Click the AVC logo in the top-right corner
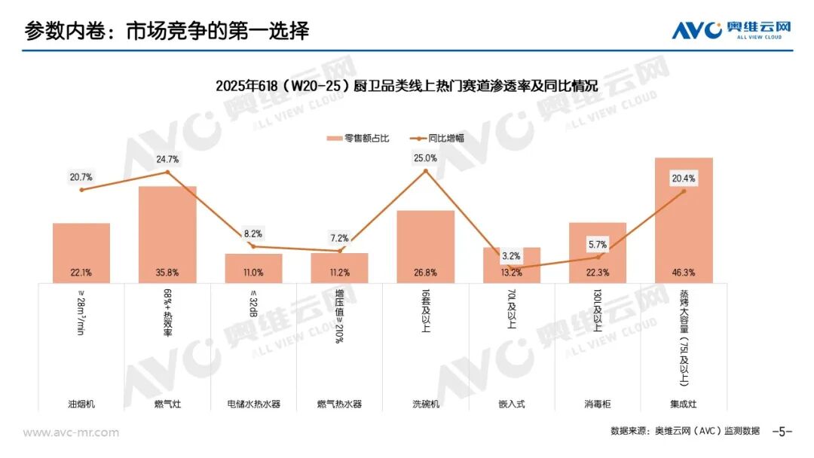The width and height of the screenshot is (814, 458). [x=731, y=30]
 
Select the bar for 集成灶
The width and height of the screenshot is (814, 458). [x=684, y=221]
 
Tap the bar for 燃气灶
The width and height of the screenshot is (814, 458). [x=167, y=234]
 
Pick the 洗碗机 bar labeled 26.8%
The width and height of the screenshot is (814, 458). [x=425, y=247]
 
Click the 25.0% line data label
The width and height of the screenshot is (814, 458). [x=425, y=158]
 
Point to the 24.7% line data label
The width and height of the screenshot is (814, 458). [x=167, y=159]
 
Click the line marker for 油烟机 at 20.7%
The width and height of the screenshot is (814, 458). [x=81, y=190]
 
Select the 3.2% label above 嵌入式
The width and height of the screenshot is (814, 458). [x=511, y=255]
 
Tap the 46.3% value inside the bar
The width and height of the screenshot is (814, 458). [x=684, y=272]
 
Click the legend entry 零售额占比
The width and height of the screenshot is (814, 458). [x=358, y=139]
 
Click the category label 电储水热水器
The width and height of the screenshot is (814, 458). [x=253, y=404]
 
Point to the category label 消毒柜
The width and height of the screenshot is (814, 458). [x=598, y=404]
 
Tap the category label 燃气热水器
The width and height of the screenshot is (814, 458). [x=339, y=404]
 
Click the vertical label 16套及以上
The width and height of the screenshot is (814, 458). [x=426, y=310]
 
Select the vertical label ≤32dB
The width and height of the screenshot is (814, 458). [x=253, y=304]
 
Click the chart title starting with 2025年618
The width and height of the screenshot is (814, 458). [x=406, y=86]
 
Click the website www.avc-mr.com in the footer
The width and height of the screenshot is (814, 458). [x=71, y=432]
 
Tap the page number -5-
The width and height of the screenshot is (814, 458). [x=782, y=432]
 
